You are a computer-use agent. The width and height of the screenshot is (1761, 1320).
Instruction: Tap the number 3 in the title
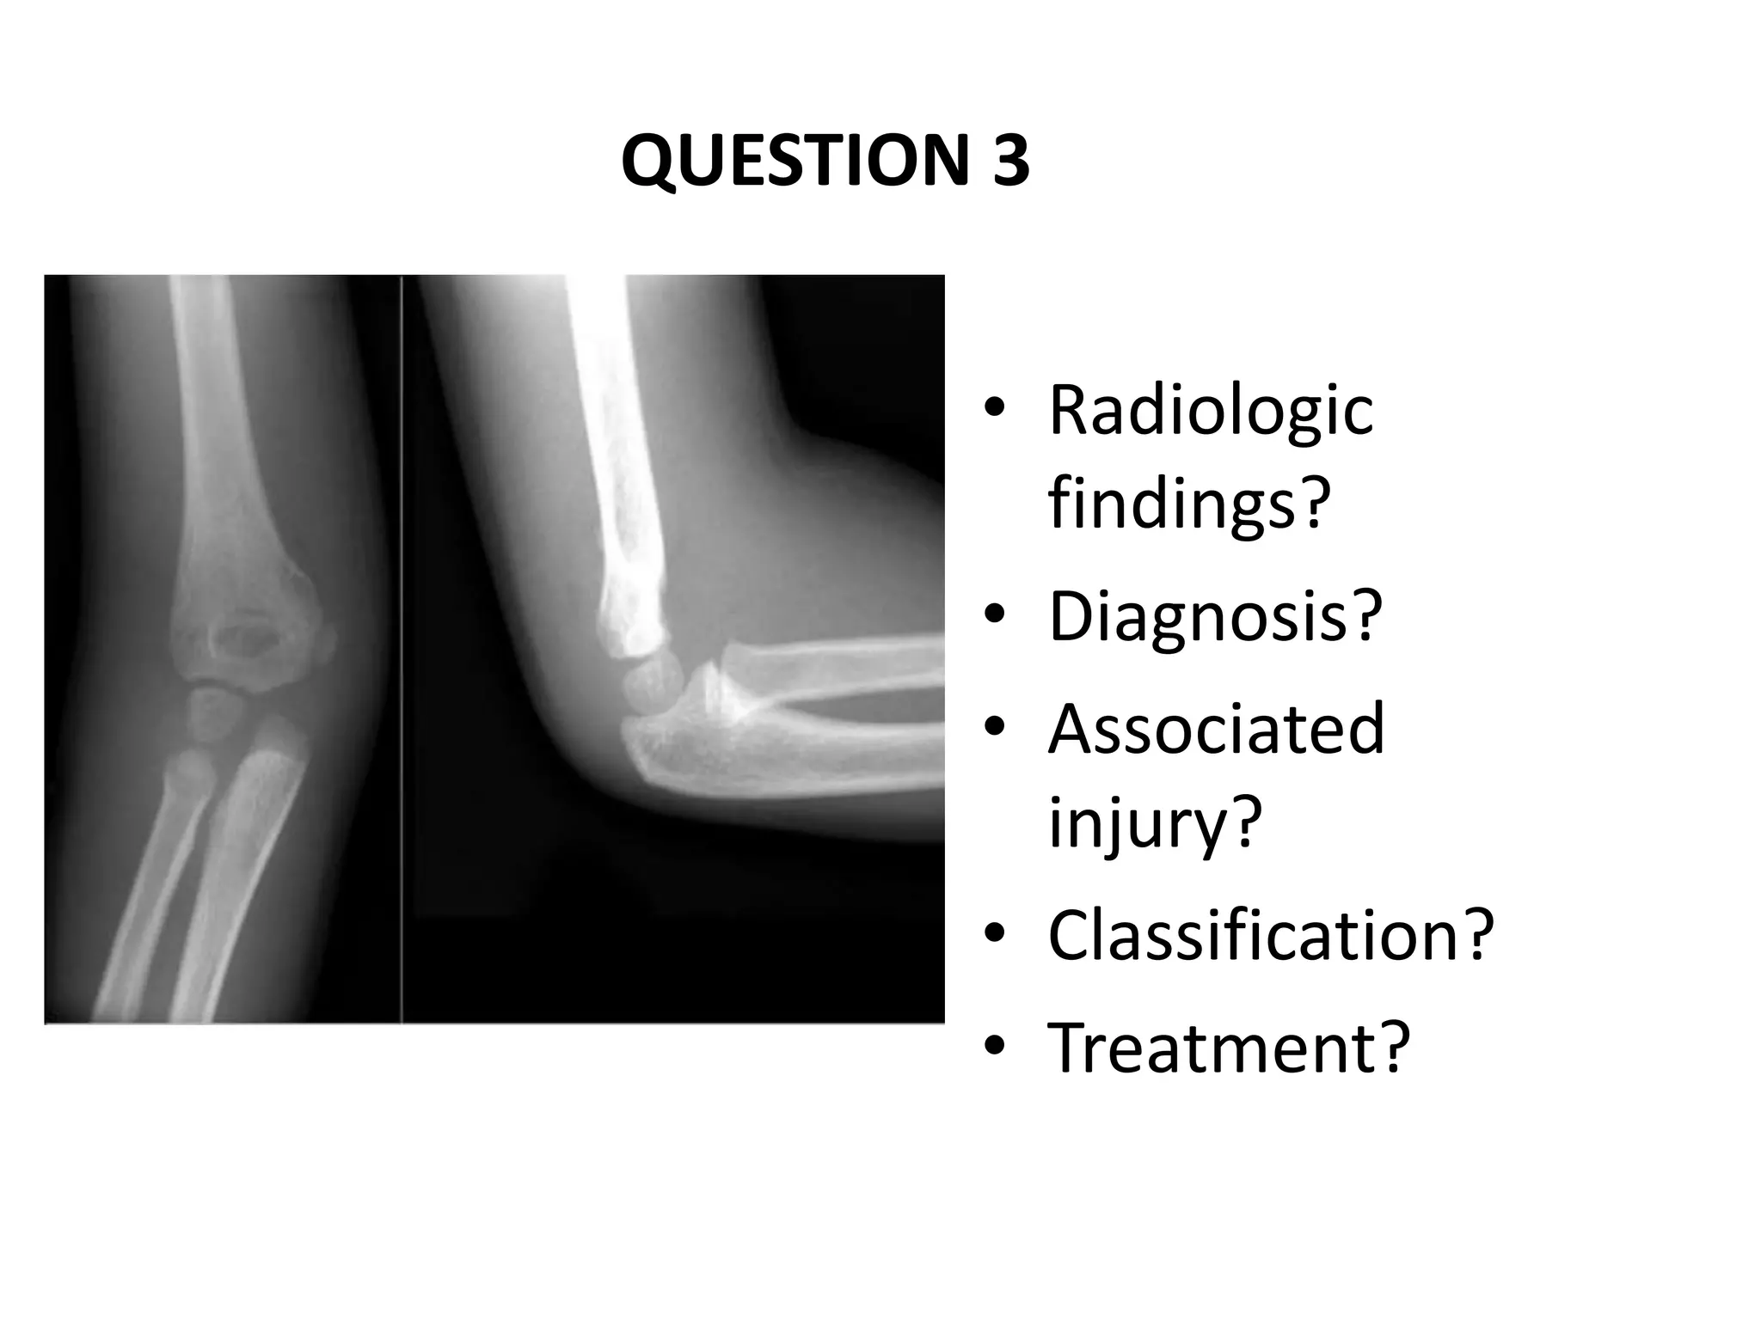point(1010,161)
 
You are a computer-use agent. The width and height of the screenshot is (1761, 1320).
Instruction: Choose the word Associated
point(1216,729)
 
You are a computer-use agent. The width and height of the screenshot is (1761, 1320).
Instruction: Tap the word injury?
point(1155,822)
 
